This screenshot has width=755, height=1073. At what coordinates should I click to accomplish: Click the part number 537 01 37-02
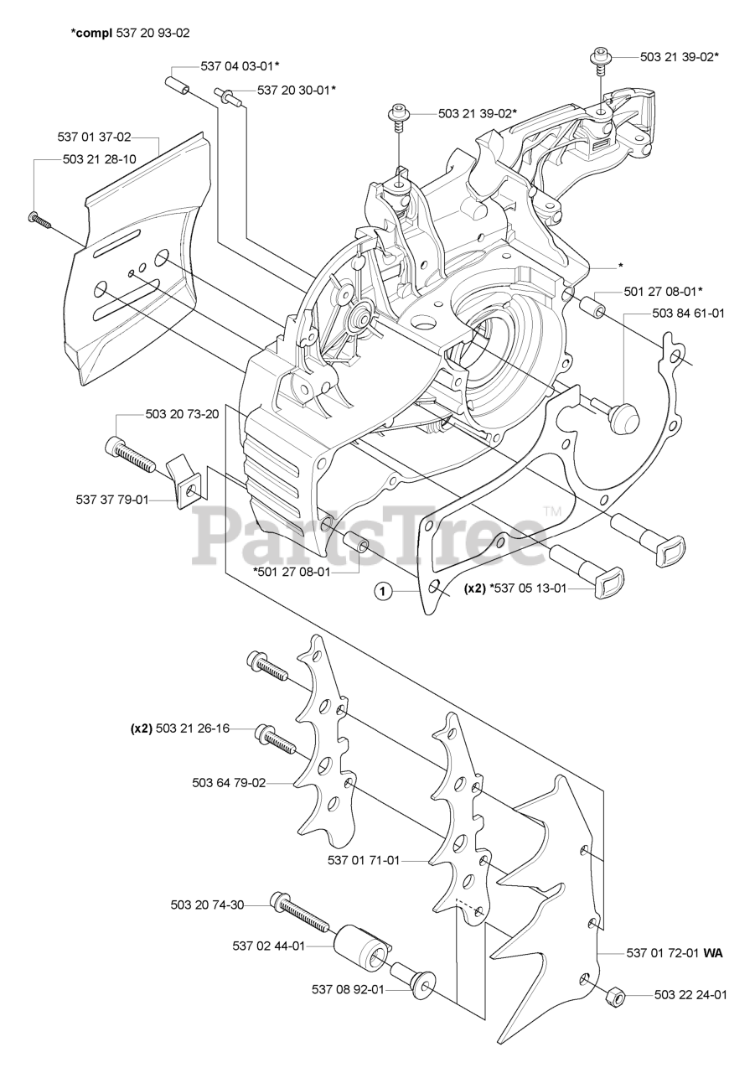pyautogui.click(x=94, y=137)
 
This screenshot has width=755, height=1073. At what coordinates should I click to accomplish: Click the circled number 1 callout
pyautogui.click(x=383, y=592)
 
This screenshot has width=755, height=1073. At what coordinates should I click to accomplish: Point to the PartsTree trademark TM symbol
pyautogui.click(x=551, y=511)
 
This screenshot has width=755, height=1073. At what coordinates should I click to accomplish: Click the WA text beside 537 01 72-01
pyautogui.click(x=713, y=953)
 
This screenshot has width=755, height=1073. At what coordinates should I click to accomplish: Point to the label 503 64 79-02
pyautogui.click(x=229, y=783)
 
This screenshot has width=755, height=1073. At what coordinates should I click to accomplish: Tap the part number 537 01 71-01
pyautogui.click(x=364, y=859)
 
